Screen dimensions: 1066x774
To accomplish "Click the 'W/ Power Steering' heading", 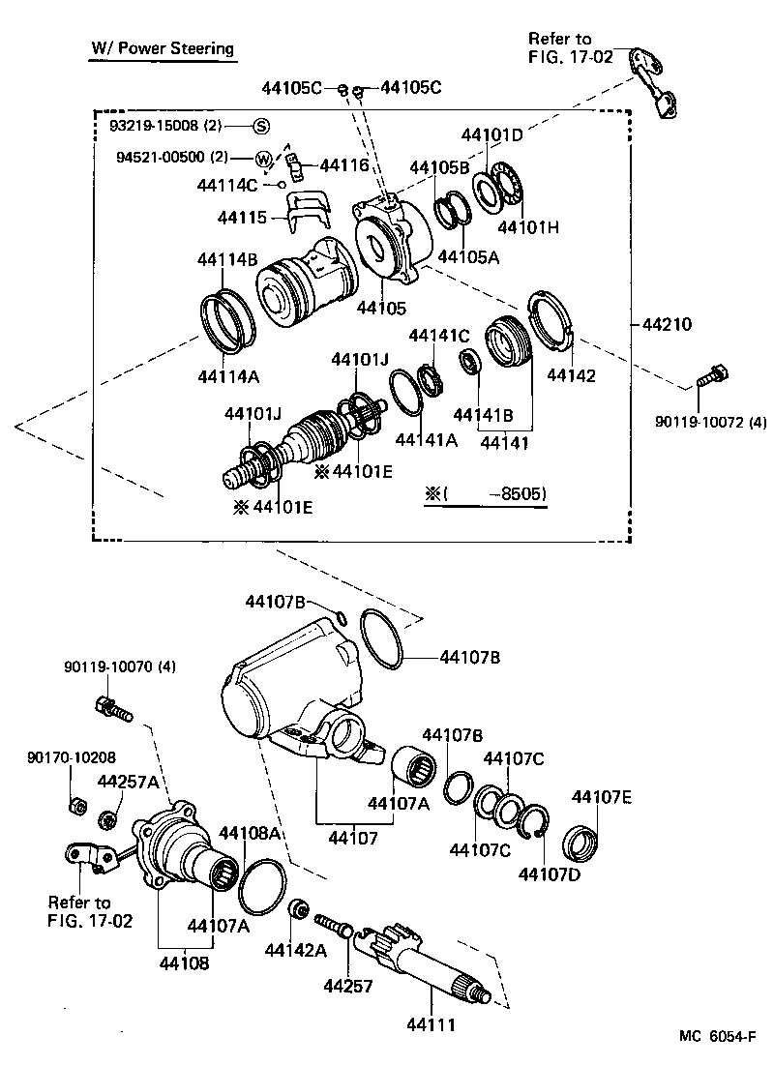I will point(163,47).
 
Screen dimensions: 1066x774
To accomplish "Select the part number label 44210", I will point(666,324).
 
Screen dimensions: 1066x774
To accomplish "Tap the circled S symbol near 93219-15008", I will point(261,125).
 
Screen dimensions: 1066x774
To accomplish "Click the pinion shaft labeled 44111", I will point(426,967).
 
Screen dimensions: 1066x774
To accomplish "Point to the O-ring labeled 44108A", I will point(262,885).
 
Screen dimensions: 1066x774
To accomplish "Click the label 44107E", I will point(602,797).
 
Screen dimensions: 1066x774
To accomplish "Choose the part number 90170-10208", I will point(63,758).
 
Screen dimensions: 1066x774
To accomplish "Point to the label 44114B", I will point(226,259).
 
